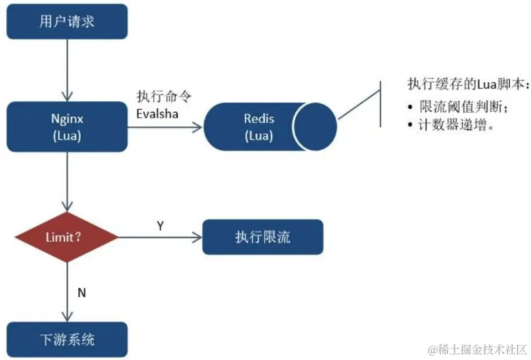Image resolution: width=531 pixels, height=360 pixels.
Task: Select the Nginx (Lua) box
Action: (68, 127)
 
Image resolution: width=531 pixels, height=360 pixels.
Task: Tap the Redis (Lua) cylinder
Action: (270, 127)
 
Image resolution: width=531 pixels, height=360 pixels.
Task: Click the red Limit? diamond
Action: (66, 237)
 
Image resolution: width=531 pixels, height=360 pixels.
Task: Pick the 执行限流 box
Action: (262, 237)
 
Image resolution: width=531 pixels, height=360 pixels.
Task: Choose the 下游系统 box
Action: (68, 339)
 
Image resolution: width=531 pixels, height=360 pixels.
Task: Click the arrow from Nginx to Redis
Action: (166, 127)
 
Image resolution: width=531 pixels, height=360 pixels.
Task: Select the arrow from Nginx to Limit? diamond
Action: (68, 181)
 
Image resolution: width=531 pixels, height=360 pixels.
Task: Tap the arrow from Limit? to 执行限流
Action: (159, 237)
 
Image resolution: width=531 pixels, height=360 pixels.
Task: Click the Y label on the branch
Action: (160, 226)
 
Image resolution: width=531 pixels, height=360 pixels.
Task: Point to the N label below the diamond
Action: (81, 291)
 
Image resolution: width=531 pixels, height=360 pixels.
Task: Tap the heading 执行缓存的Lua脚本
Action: (467, 84)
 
